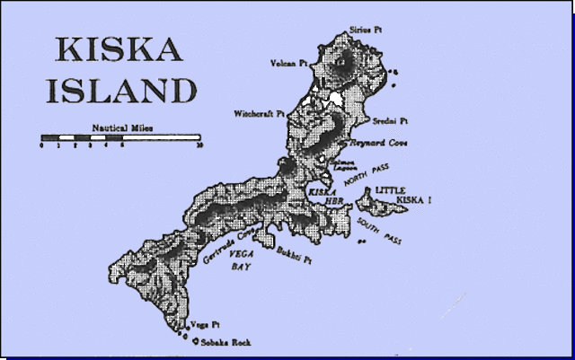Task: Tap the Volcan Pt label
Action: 289,64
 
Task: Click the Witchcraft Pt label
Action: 260,114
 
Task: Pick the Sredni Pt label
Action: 392,119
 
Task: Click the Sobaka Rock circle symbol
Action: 195,342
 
